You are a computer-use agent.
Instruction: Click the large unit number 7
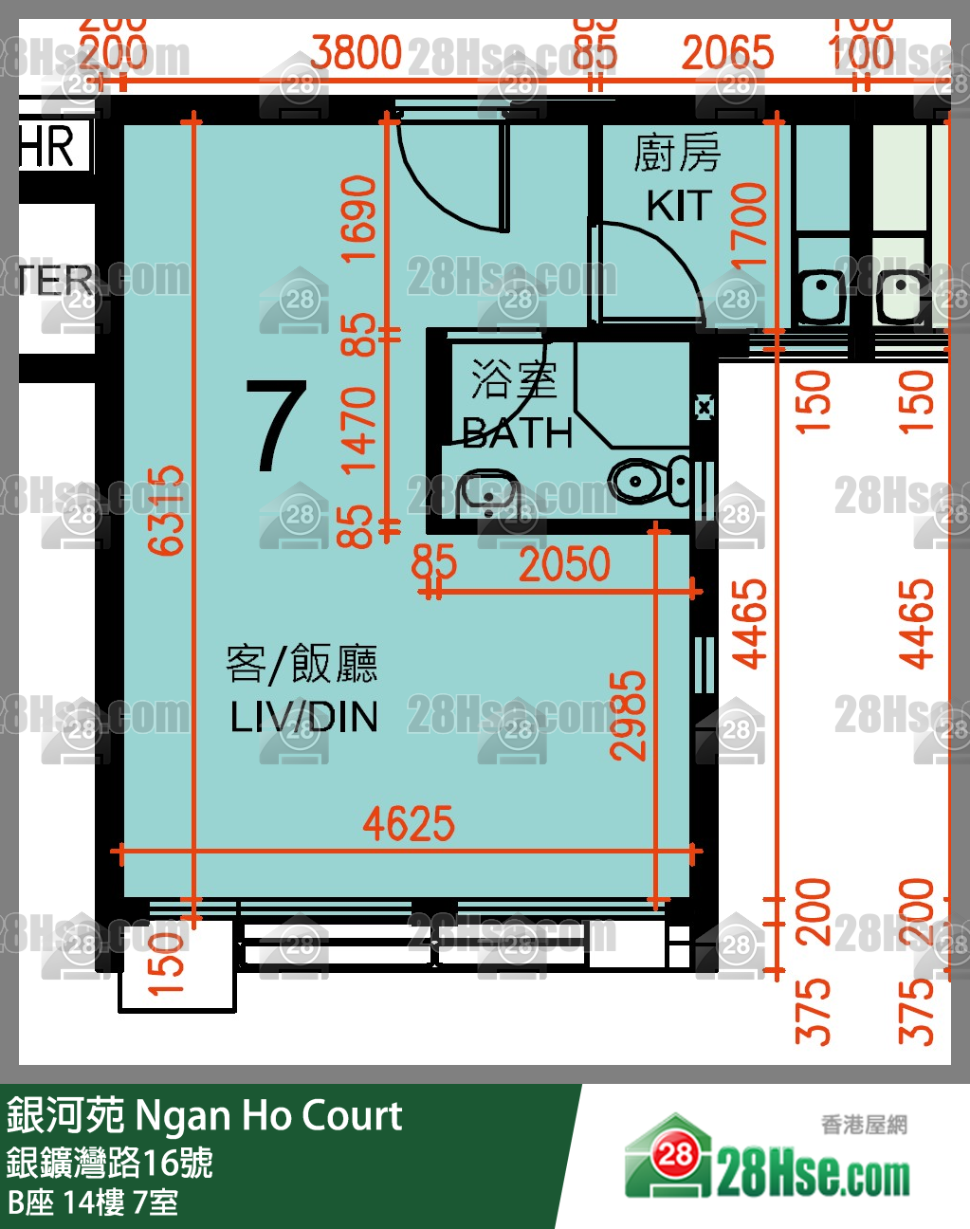[276, 426]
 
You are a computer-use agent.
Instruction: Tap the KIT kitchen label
[678, 206]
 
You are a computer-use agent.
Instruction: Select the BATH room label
[518, 433]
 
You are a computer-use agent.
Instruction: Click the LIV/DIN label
[303, 717]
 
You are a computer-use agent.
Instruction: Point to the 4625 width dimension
[409, 823]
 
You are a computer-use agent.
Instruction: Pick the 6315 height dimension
[167, 509]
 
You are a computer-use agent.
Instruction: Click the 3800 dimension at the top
[357, 53]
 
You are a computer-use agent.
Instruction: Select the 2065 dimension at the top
[727, 53]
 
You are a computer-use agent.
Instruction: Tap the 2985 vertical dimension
[628, 716]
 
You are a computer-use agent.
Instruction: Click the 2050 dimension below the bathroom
[564, 565]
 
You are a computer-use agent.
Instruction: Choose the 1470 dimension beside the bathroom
[358, 430]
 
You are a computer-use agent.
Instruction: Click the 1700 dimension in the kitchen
[749, 226]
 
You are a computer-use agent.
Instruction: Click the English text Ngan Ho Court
[269, 1116]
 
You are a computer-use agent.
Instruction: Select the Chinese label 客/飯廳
[302, 664]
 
